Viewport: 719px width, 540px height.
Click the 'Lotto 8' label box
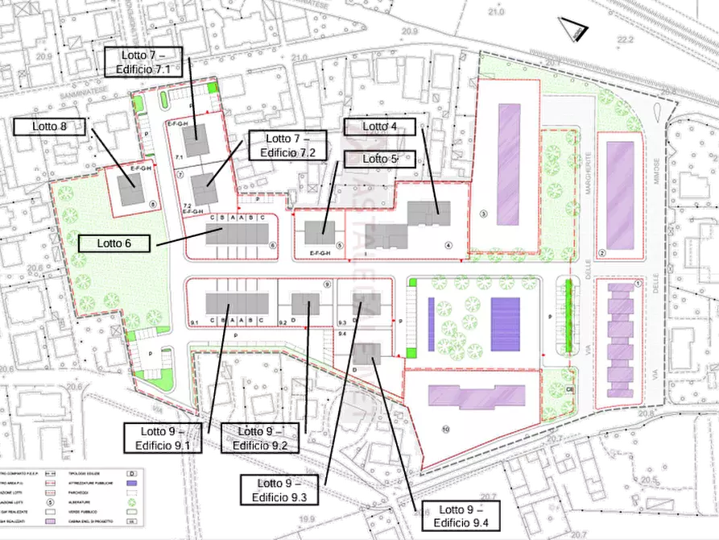click(48, 127)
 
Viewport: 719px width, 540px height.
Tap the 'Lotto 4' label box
click(380, 127)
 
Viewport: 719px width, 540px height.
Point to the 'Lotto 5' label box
click(380, 159)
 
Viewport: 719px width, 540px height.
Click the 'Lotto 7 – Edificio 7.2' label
click(287, 145)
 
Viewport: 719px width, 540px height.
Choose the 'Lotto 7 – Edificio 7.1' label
click(143, 62)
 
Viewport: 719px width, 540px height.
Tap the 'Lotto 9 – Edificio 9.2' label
click(259, 438)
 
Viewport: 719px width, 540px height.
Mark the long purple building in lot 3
click(508, 164)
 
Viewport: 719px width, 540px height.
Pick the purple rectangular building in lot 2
click(620, 195)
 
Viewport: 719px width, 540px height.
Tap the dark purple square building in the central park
click(505, 324)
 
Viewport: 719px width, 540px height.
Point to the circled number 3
click(483, 214)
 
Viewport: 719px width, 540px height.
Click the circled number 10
click(445, 429)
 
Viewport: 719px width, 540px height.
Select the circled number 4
click(448, 245)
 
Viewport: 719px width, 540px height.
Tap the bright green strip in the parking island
click(568, 316)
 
